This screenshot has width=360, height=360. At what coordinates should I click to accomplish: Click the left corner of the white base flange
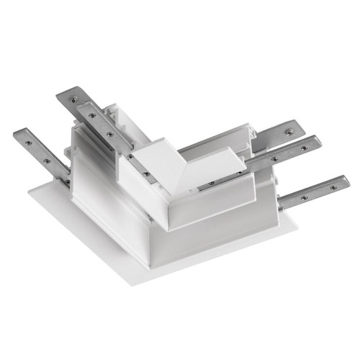[29, 192]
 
